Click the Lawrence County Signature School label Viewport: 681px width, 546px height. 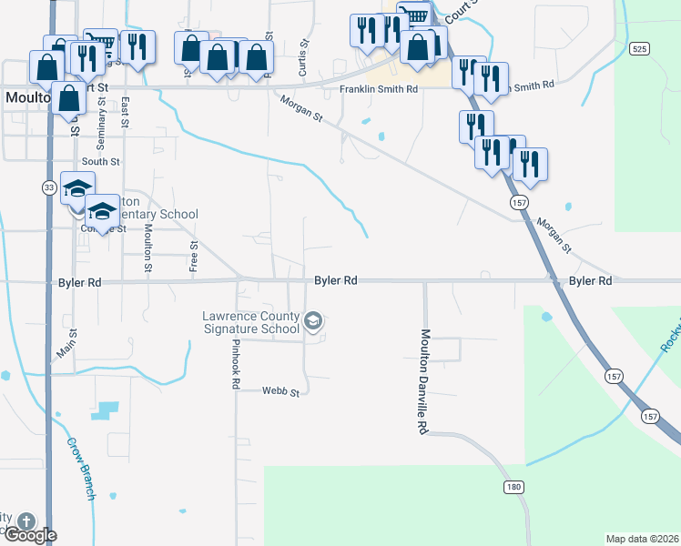pyautogui.click(x=250, y=322)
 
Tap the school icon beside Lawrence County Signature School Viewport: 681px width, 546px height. pyautogui.click(x=313, y=320)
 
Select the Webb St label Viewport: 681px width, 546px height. pyautogui.click(x=280, y=392)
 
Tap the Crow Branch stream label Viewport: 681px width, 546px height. pyautogui.click(x=80, y=469)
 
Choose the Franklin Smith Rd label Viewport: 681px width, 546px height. pyautogui.click(x=378, y=89)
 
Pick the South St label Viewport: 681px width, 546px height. pyautogui.click(x=100, y=162)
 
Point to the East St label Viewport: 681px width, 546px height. pyautogui.click(x=125, y=113)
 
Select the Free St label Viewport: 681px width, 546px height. pyautogui.click(x=193, y=258)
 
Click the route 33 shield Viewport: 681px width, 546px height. pyautogui.click(x=47, y=187)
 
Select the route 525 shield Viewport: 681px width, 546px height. pyautogui.click(x=640, y=48)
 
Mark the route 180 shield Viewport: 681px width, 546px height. pyautogui.click(x=514, y=488)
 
